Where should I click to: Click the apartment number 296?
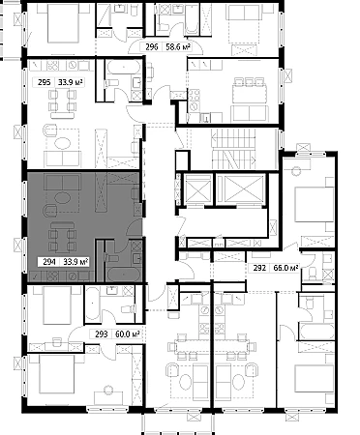[x=151, y=47]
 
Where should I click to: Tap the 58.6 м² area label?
[x=178, y=47]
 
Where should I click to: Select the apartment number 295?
[x=44, y=82]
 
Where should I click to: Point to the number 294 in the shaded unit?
[x=49, y=262]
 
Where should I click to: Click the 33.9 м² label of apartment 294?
[x=75, y=262]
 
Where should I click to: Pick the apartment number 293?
[x=102, y=334]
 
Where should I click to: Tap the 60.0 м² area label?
[x=127, y=334]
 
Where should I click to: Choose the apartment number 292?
[x=259, y=268]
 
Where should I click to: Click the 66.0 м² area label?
[x=285, y=268]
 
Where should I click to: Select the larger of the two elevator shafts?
[x=241, y=188]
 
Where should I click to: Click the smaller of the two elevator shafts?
[x=197, y=189]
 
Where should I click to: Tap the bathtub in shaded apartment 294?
[x=124, y=274]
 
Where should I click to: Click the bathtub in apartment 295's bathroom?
[x=124, y=68]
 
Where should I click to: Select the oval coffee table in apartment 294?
[x=63, y=197]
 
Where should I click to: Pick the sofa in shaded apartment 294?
[x=63, y=183]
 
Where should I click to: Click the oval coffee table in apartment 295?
[x=63, y=143]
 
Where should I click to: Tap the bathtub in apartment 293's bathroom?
[x=93, y=304]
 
